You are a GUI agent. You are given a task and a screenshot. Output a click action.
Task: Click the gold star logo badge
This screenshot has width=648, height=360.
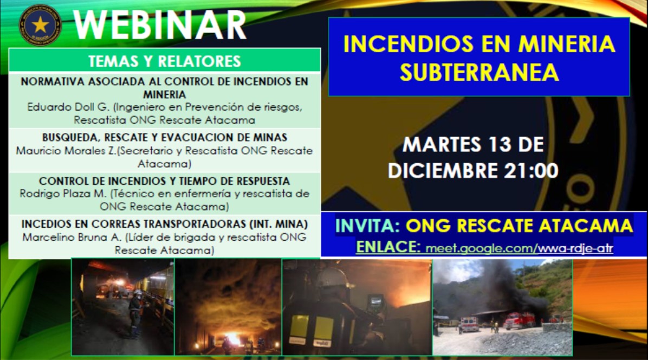(40, 24)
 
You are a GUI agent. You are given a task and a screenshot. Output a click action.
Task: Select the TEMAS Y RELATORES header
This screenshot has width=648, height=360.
(164, 61)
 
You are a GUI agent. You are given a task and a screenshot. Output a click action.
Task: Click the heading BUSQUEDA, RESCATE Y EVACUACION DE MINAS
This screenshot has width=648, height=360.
(164, 137)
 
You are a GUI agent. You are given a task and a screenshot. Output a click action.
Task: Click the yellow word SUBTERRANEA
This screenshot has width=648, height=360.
(478, 72)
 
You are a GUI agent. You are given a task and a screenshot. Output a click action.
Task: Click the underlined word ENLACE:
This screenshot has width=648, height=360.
(388, 247)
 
